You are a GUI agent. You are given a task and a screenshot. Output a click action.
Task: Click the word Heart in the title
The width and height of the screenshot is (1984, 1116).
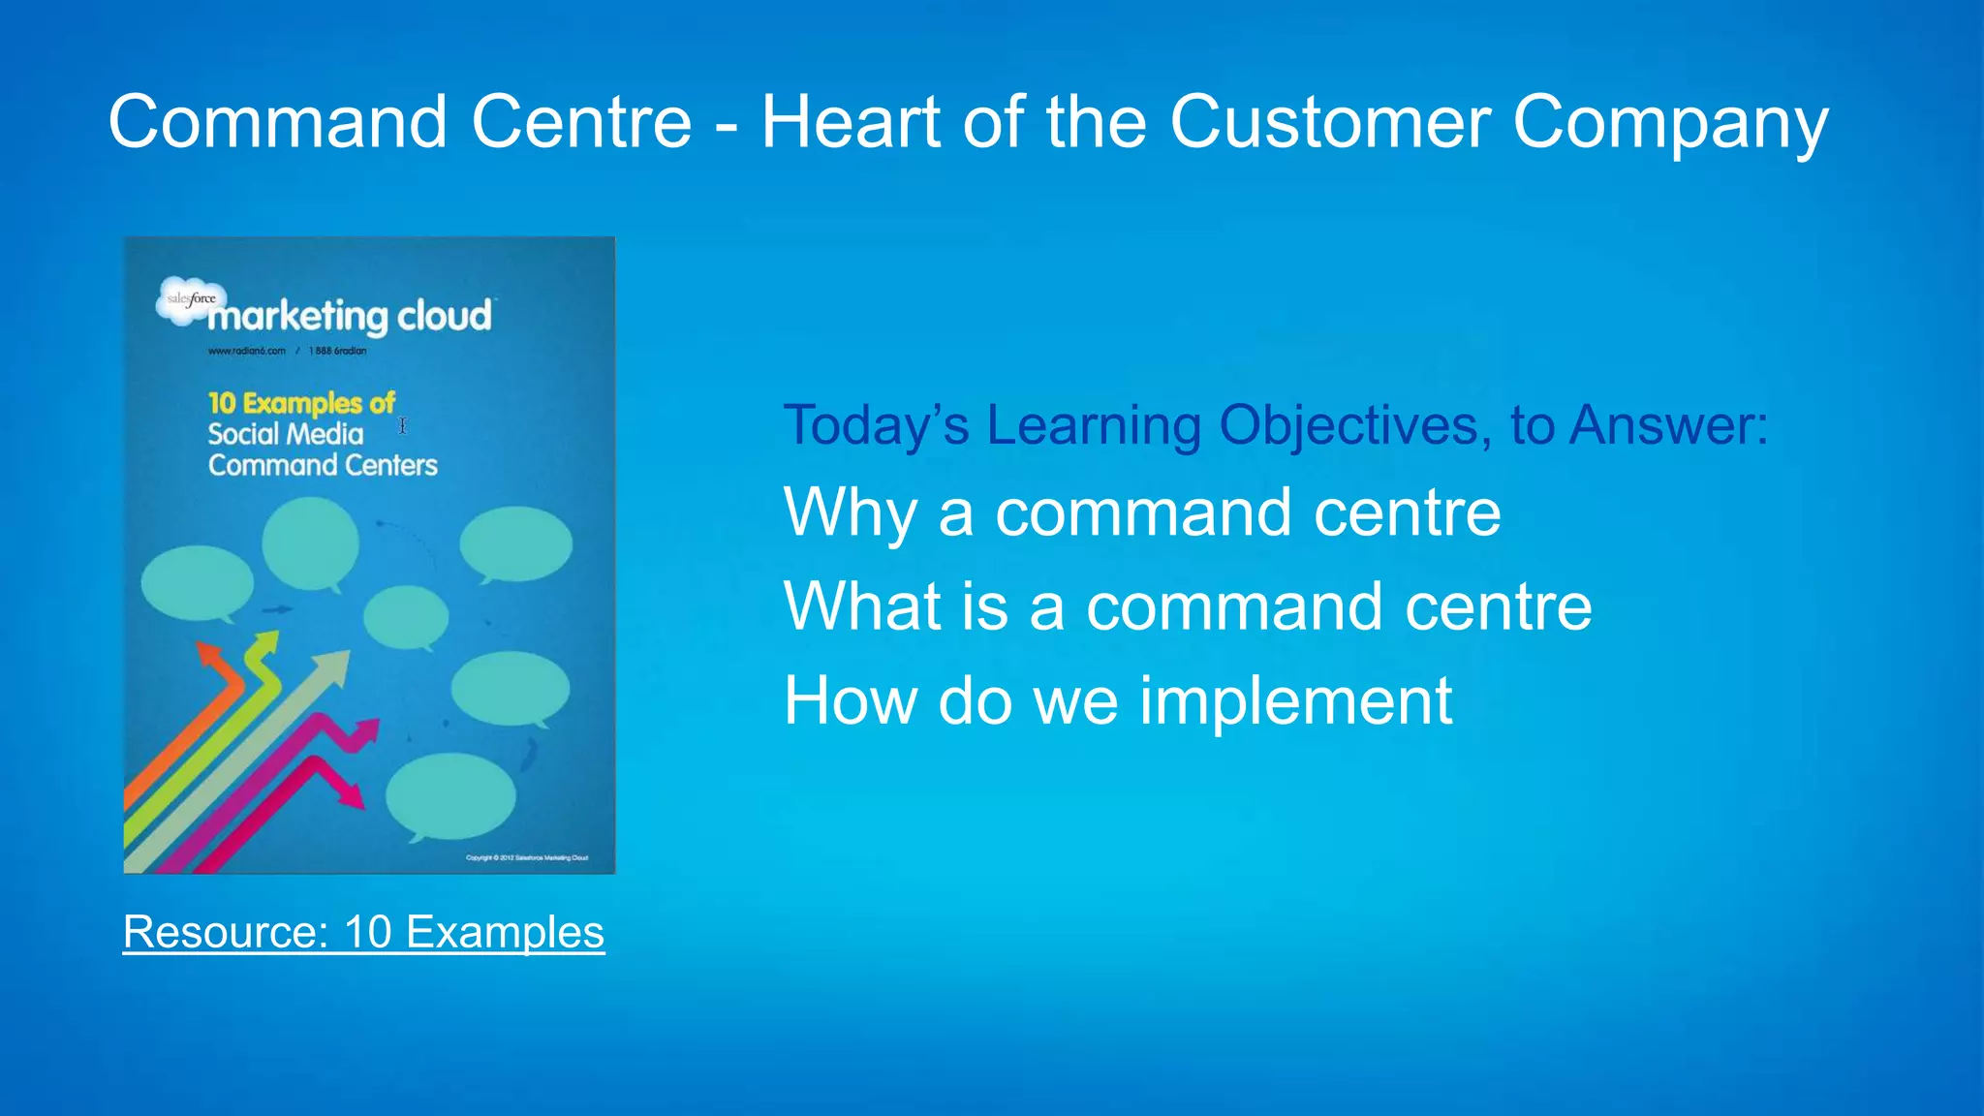click(851, 122)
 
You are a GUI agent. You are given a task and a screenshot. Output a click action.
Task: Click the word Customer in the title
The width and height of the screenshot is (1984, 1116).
click(1329, 122)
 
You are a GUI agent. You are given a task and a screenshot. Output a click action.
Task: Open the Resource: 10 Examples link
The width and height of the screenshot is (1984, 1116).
click(363, 932)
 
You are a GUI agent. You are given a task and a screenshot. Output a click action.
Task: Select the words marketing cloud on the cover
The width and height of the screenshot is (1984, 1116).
click(351, 317)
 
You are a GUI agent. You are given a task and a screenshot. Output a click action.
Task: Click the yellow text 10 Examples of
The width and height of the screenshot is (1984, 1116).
click(301, 402)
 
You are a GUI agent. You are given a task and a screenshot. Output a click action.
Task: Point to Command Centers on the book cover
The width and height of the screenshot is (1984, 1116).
click(323, 465)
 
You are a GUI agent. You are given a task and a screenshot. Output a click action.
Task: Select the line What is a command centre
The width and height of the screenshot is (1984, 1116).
click(1187, 606)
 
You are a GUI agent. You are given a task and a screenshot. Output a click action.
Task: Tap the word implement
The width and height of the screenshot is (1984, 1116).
click(1294, 700)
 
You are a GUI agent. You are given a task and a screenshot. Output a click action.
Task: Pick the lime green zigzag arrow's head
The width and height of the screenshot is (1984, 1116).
click(263, 645)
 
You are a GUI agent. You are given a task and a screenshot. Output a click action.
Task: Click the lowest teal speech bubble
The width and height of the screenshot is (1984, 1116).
click(449, 796)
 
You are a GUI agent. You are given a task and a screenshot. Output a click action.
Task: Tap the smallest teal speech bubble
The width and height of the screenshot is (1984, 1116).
click(406, 617)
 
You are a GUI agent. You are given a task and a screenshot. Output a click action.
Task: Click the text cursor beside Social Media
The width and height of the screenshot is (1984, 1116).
click(403, 425)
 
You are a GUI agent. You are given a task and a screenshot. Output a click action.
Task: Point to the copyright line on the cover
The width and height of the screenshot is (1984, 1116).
click(526, 857)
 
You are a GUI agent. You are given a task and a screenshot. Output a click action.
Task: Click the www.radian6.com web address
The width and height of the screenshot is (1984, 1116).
click(246, 351)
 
